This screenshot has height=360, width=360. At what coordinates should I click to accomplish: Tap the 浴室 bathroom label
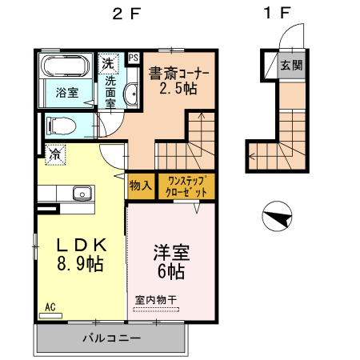click(66, 93)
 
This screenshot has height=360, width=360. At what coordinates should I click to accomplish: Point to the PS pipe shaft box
click(133, 58)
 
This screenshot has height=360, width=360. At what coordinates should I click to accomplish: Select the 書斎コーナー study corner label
click(178, 74)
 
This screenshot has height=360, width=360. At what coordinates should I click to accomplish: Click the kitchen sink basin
click(81, 194)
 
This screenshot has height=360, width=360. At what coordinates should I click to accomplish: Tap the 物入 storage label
click(140, 186)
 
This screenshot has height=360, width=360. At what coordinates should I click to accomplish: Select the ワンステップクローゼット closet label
click(187, 186)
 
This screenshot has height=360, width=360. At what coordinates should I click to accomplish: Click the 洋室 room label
click(170, 253)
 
